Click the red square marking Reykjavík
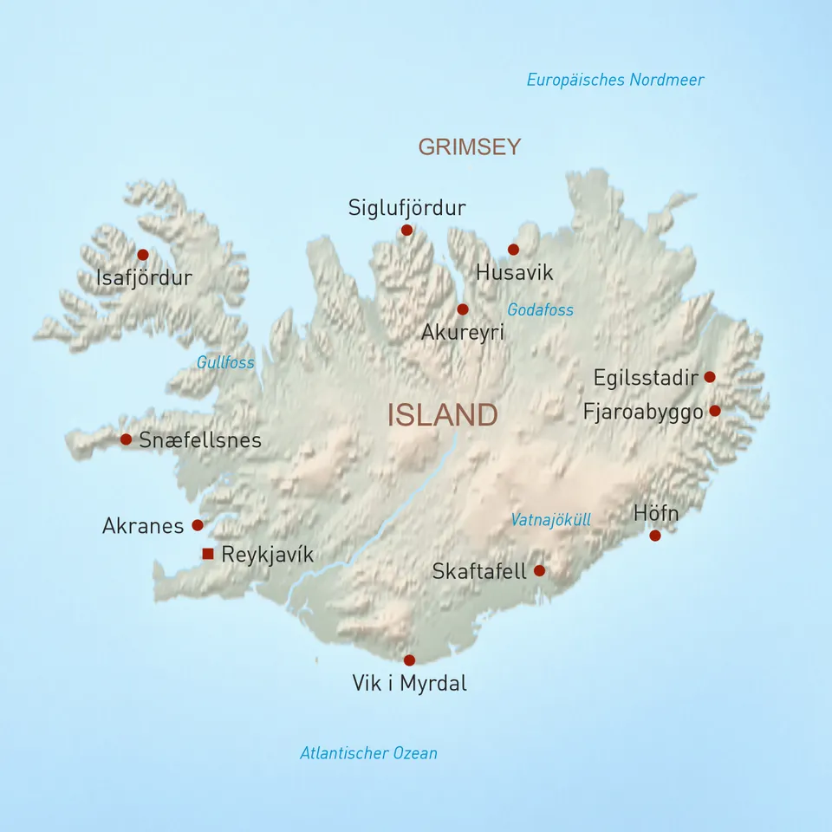point(207,554)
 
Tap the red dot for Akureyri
point(463,309)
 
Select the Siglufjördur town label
point(406,208)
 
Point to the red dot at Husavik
point(513,250)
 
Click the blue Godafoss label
point(540,309)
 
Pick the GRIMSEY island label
point(470,147)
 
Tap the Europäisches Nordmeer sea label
point(615,81)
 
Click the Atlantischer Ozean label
point(368,753)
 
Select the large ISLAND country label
point(442,415)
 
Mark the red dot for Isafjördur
point(143,255)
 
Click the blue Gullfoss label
point(225,362)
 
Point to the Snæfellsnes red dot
point(126,439)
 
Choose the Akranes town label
point(143,526)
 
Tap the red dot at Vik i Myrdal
point(409,660)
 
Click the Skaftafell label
point(479,572)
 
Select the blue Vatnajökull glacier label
point(550,520)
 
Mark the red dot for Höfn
point(655,536)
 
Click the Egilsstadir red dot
point(710,377)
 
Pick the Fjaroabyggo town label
point(643,413)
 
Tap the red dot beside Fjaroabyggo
point(715,411)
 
